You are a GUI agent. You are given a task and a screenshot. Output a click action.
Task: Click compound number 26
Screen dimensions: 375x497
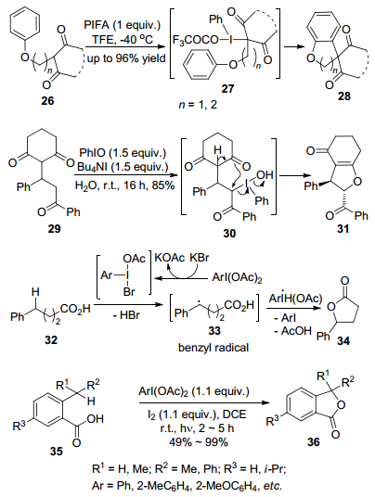[x=47, y=100]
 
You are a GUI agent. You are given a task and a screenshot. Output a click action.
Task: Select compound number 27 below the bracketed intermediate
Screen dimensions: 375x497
[x=227, y=88]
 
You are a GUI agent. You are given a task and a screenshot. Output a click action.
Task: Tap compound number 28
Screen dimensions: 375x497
[x=343, y=96]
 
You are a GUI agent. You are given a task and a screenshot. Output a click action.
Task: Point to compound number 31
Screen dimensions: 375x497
[x=343, y=229]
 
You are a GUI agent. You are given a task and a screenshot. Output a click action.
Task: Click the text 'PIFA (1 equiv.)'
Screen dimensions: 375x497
[x=123, y=25]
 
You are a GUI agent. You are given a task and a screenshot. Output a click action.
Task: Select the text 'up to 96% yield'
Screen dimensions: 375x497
[x=126, y=58]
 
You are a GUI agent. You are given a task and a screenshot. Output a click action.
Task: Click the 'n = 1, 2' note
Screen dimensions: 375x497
[x=198, y=104]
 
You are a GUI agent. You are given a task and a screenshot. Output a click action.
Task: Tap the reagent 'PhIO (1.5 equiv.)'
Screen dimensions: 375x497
[x=123, y=153]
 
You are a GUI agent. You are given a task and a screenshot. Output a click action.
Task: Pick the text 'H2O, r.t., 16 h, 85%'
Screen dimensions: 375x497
[x=124, y=185]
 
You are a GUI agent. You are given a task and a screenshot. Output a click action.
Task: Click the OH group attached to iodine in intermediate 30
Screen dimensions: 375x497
[x=265, y=174]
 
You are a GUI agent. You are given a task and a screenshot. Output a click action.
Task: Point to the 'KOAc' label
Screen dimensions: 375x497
[x=169, y=258]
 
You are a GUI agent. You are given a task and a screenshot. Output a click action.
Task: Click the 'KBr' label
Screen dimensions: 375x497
[x=200, y=258]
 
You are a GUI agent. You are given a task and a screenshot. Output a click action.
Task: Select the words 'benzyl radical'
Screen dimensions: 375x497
[x=213, y=348]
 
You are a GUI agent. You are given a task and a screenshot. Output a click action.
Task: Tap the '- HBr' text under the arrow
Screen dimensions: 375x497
[x=126, y=315]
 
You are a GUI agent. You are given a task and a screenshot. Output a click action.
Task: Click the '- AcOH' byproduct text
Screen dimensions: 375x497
[x=292, y=331]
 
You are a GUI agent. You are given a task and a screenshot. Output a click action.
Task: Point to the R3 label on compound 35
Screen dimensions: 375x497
[x=19, y=425]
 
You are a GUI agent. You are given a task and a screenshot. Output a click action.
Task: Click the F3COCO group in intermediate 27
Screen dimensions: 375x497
[x=196, y=40]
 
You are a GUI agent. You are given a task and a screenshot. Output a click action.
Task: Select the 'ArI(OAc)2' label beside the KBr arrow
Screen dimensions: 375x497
[x=237, y=278]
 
